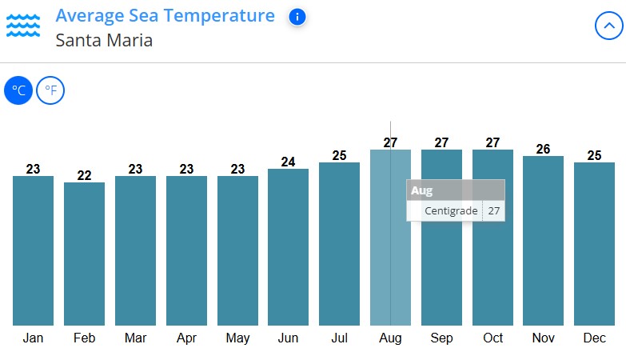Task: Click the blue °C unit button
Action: tap(18, 90)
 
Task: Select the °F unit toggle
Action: tap(50, 90)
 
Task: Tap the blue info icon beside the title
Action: tap(297, 17)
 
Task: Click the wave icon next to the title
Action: tap(23, 26)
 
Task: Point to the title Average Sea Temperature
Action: tap(165, 16)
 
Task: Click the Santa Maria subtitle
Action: tap(104, 39)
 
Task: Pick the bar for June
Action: tap(288, 247)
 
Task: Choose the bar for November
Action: tap(544, 241)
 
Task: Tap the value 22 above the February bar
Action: tap(84, 175)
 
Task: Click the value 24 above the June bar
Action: tap(288, 162)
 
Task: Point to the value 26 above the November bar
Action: tap(544, 149)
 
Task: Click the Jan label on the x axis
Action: tap(33, 338)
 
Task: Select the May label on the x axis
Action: tap(237, 338)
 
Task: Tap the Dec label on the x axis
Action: tap(594, 338)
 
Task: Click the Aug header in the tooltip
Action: tap(421, 190)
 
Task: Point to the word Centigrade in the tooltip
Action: tap(451, 211)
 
